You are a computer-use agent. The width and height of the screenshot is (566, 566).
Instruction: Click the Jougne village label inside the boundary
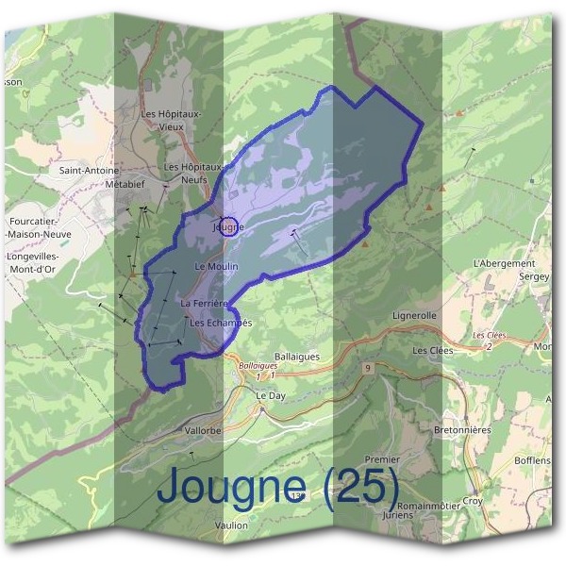point(228,227)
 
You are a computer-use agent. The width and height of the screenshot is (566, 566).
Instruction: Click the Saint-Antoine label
point(89,171)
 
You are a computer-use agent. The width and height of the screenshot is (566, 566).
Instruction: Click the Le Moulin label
point(216,267)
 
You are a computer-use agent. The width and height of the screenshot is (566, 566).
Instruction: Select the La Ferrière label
point(206,303)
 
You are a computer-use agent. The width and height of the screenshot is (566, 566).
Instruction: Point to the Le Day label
point(271,396)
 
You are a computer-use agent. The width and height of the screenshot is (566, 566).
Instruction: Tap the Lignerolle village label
point(415,317)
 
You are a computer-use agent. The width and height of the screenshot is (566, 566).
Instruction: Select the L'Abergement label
point(503,263)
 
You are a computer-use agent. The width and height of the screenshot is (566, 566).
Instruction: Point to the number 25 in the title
point(361,488)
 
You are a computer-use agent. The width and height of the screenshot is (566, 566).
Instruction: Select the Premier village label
point(382,459)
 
